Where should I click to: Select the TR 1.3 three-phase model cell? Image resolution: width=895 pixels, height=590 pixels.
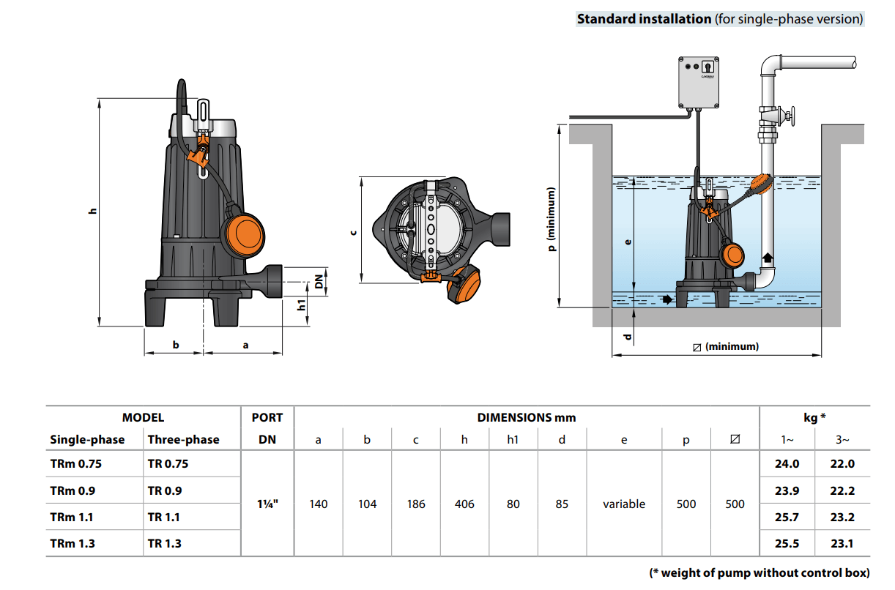click(x=165, y=543)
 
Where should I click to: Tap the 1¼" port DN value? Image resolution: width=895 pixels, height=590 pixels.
click(x=267, y=504)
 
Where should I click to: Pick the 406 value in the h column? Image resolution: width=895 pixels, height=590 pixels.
click(x=464, y=504)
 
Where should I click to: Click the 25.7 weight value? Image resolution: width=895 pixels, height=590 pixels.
click(x=787, y=517)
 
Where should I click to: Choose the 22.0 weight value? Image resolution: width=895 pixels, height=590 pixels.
click(x=842, y=463)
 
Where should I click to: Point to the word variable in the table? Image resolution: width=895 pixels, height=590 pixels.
click(x=624, y=504)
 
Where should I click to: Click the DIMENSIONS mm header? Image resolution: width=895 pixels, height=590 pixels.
click(x=527, y=418)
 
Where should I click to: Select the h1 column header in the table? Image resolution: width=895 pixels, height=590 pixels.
click(x=513, y=441)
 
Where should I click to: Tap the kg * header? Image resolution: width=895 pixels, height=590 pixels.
click(x=815, y=418)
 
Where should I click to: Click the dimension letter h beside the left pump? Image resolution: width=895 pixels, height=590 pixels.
click(x=92, y=211)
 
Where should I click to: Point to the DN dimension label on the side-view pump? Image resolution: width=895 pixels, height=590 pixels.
click(x=319, y=281)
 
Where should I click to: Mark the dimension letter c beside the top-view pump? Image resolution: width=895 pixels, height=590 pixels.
click(x=353, y=232)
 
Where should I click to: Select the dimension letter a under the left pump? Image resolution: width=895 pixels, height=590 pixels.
click(x=245, y=345)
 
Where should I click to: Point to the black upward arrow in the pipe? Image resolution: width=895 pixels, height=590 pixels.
click(x=768, y=258)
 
